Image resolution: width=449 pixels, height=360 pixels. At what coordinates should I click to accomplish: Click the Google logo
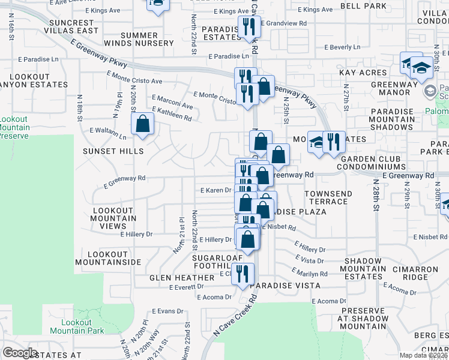[20, 353]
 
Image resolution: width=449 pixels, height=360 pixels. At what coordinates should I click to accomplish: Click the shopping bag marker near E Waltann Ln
[143, 125]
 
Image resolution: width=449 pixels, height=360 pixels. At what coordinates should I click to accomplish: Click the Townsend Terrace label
[326, 198]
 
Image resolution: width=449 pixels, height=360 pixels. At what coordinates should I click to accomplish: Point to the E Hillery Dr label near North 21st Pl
[136, 234]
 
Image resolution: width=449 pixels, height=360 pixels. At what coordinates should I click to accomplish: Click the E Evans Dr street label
[167, 311]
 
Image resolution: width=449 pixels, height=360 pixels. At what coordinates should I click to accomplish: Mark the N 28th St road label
[376, 195]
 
